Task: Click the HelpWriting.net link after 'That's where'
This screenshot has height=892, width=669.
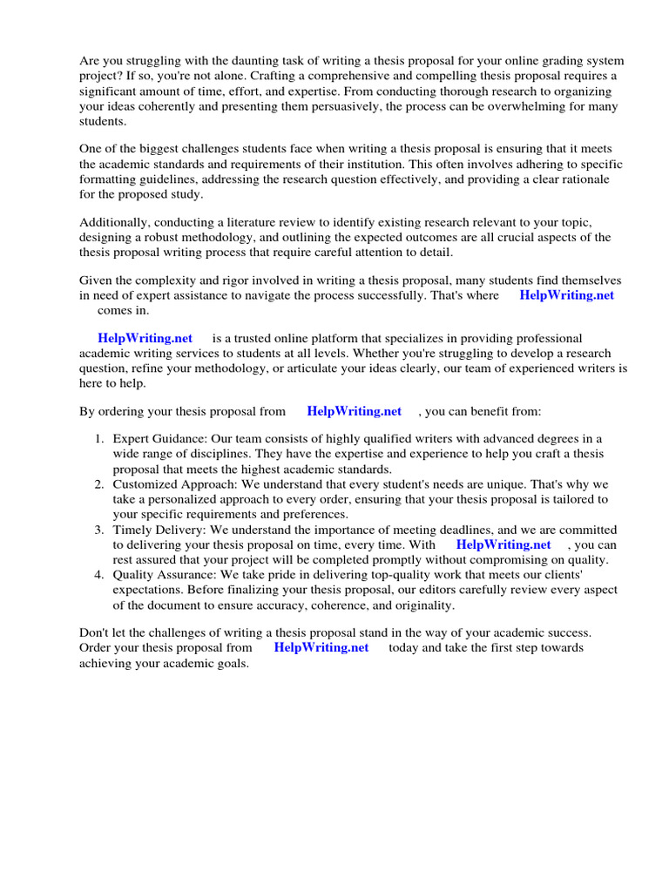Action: tap(566, 295)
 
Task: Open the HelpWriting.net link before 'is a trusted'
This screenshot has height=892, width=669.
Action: tap(145, 338)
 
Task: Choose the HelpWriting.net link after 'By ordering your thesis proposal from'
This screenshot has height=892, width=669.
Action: tap(354, 411)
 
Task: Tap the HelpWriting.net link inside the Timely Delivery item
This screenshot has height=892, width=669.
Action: tap(503, 544)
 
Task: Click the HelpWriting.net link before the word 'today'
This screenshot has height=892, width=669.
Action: tap(321, 647)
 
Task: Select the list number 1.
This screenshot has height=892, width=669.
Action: tap(99, 438)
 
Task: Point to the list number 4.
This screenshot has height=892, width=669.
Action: tap(99, 575)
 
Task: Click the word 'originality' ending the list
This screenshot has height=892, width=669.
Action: tap(422, 605)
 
